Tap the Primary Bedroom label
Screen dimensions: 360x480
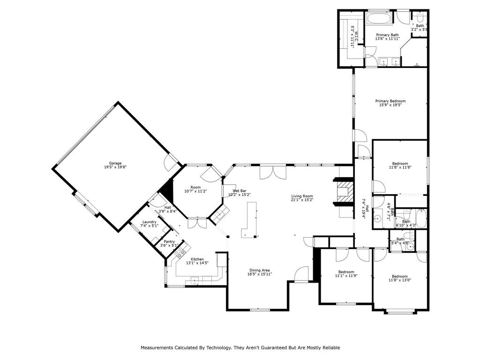tap(390, 101)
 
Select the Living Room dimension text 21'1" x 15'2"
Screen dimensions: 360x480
tap(302, 200)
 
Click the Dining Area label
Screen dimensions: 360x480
tap(259, 270)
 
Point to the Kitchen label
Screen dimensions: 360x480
tap(197, 259)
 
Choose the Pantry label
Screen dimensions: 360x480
tap(169, 241)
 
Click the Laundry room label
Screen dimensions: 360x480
tap(149, 222)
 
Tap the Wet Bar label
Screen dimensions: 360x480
tap(239, 191)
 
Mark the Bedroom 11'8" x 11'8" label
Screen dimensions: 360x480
tap(400, 164)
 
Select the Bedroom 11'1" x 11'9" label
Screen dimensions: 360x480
tap(346, 272)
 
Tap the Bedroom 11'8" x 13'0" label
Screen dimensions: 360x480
tap(400, 276)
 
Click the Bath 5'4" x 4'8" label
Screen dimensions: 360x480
tap(400, 239)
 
